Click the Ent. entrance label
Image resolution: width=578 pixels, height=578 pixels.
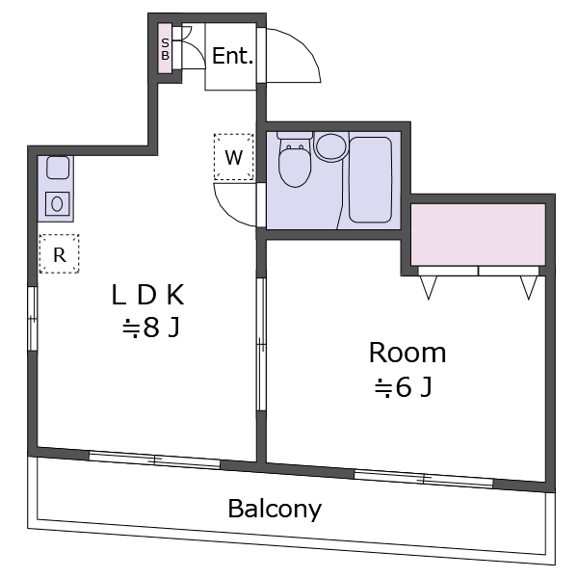point(232,56)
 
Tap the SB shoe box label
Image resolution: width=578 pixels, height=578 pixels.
point(165,49)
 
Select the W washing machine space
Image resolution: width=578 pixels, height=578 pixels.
point(234,157)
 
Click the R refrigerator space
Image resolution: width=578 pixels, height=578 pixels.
point(59,254)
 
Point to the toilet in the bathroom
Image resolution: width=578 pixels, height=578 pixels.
point(295,159)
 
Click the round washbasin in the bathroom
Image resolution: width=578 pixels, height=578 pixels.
point(331,147)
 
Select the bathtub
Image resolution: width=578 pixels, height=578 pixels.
point(370,180)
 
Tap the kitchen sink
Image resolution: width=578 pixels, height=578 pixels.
point(58,168)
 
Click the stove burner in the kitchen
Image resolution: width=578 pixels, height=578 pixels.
point(57,203)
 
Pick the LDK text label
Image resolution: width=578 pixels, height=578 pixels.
point(147,295)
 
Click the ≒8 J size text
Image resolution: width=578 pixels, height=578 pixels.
point(151,328)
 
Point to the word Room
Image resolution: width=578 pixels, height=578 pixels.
point(407,353)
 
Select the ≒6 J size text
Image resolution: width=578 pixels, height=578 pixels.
point(403,387)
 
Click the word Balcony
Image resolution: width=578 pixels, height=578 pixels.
point(275,509)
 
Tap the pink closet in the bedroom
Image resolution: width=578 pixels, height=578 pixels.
point(478,234)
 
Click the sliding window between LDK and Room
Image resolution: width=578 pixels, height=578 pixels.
point(261,344)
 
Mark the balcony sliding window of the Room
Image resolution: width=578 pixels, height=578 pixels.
point(424,479)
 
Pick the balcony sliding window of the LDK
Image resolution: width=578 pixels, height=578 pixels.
point(155,460)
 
